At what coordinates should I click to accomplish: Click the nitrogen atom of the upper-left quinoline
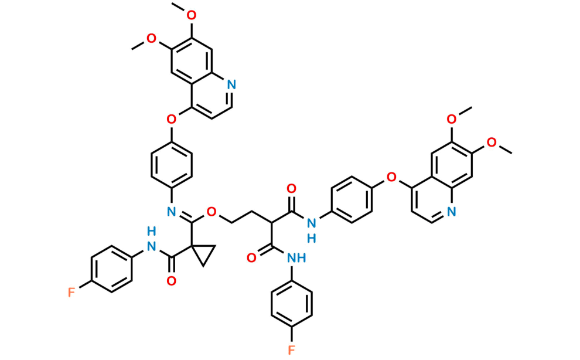[x=231, y=87]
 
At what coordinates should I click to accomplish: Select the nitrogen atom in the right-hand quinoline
[x=451, y=211]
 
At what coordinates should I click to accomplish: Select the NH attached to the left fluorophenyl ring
[x=152, y=245]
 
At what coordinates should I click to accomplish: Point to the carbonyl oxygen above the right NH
[x=291, y=187]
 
